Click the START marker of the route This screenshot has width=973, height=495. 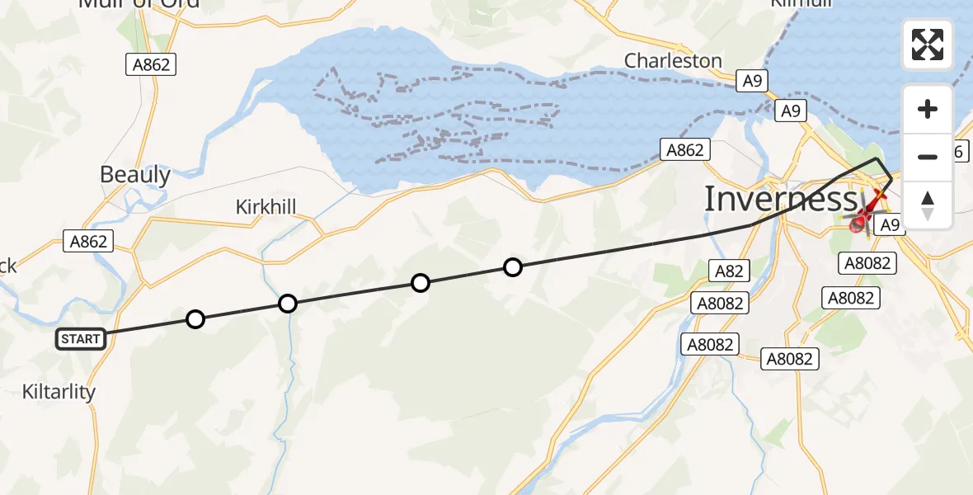81,338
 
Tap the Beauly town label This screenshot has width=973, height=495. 135,175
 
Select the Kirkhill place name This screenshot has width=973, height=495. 266,206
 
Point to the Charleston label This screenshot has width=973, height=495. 673,61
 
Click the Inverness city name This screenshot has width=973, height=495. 780,200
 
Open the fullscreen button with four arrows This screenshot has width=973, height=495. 928,45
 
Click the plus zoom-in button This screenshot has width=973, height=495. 928,109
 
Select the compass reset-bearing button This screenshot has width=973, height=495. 928,205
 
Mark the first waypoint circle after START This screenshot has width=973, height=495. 195,319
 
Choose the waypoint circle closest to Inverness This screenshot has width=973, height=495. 513,266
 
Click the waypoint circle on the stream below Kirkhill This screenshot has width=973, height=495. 287,304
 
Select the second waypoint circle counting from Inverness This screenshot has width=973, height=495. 421,284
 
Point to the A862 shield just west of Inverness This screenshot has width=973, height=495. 685,149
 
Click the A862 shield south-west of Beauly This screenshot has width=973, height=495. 87,241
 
